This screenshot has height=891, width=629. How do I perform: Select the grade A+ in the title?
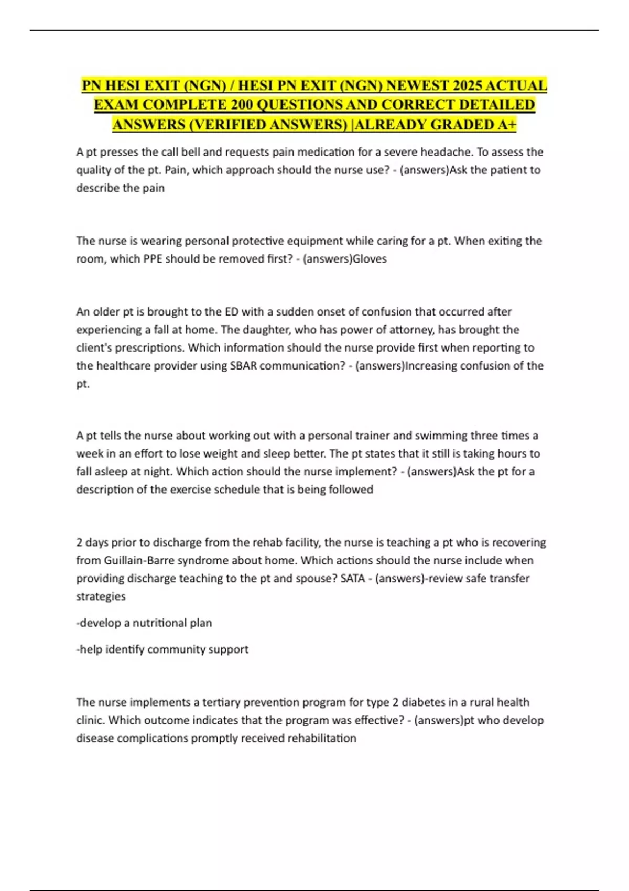(x=506, y=125)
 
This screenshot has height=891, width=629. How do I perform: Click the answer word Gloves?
(x=370, y=259)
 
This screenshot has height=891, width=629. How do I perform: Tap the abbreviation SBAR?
(x=243, y=366)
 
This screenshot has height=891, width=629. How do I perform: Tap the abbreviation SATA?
(x=352, y=579)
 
